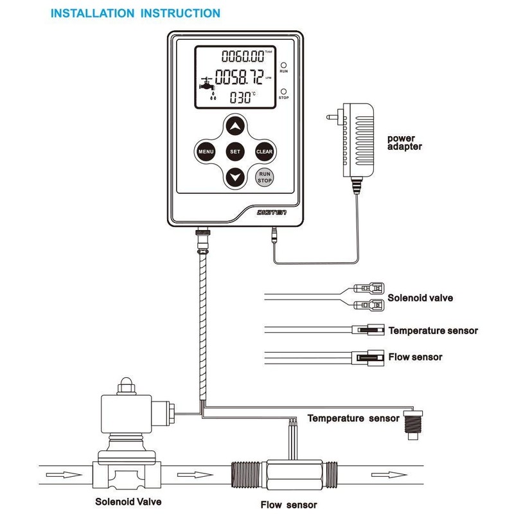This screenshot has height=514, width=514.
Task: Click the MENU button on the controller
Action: coord(206,152)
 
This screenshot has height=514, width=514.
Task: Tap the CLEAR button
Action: coord(265,152)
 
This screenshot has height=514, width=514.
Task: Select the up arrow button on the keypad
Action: coord(235,126)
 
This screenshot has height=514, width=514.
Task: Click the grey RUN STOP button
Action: coord(265,177)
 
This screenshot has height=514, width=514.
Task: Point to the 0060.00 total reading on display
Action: coord(240,57)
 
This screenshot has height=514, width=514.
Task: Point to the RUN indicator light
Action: coord(283,66)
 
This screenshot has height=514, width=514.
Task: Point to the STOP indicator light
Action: coord(283,91)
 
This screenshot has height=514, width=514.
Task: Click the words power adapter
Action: coord(405,142)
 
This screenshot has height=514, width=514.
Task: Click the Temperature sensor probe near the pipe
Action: coord(411,421)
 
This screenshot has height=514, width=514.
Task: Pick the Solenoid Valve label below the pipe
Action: coord(128,501)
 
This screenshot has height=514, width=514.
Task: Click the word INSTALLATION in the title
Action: coord(94,13)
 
